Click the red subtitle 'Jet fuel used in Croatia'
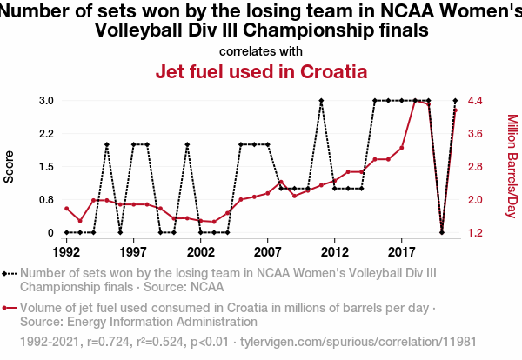coord(261,71)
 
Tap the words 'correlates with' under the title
coord(261,50)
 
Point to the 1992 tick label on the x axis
coord(66,252)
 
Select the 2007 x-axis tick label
coord(267,252)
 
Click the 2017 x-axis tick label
coord(401,252)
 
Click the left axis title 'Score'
coord(10,167)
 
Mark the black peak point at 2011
coord(321,101)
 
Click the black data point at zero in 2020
coord(442,232)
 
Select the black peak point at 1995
coord(106,144)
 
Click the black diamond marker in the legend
coord(10,273)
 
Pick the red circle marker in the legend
coord(10,307)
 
